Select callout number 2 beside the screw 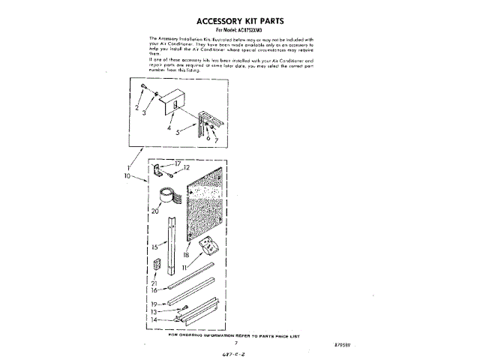(x=137, y=108)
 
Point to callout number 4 (x=169, y=128)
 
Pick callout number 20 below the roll (x=155, y=212)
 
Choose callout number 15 (x=154, y=245)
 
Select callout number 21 (x=154, y=282)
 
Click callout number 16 (x=154, y=289)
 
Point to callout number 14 (x=154, y=319)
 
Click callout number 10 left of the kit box (x=129, y=176)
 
